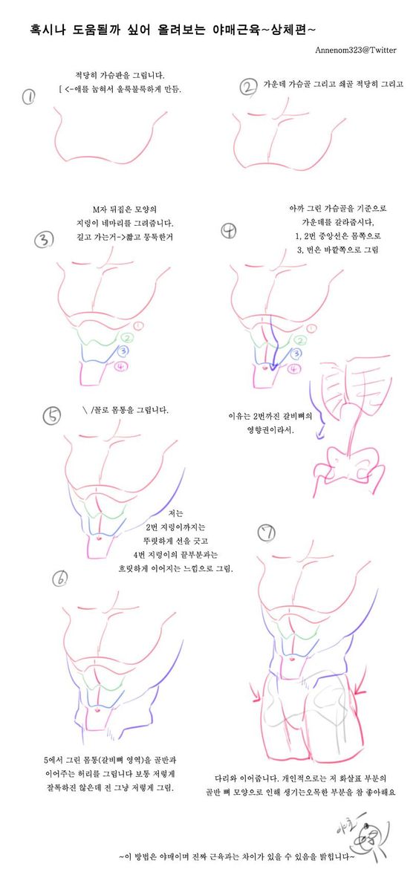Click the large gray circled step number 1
click(28, 97)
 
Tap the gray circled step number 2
click(247, 88)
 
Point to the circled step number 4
click(229, 231)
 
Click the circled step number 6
click(62, 578)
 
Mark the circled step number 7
click(267, 532)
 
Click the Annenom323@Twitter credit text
click(355, 50)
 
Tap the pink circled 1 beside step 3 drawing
click(138, 326)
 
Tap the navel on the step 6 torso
click(99, 710)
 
